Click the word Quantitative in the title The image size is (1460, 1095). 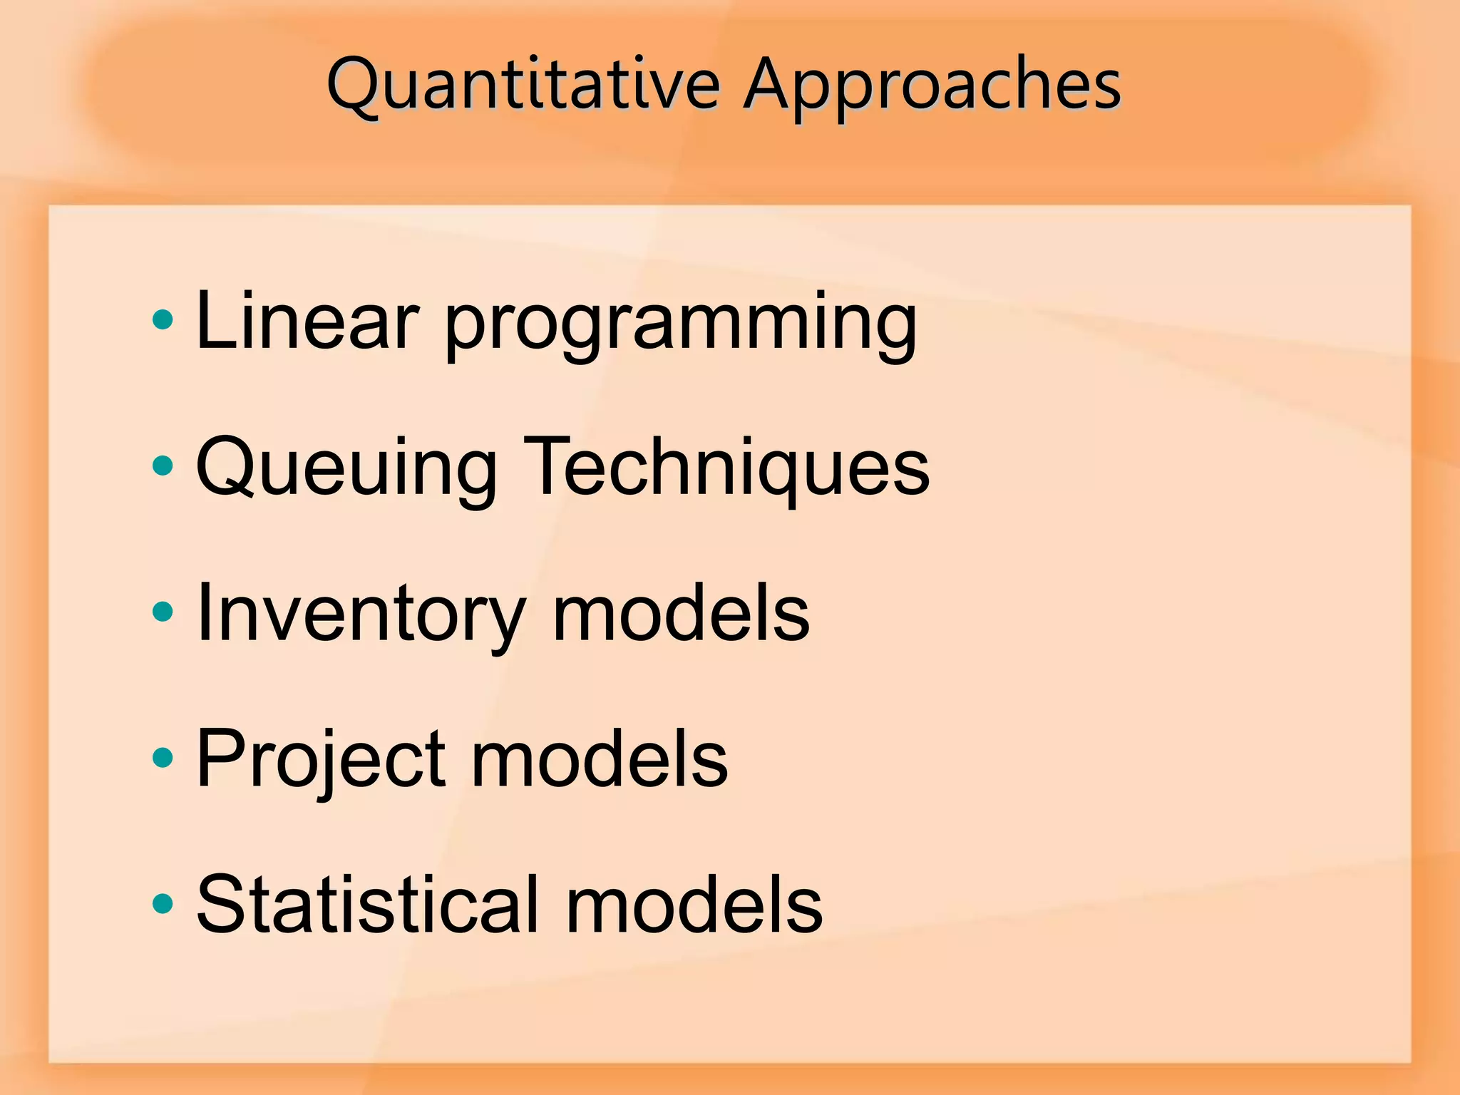pos(524,86)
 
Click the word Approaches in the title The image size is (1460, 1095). pos(931,86)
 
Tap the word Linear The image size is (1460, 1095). pos(307,322)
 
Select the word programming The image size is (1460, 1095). pos(681,324)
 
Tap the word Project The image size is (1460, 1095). pos(321,760)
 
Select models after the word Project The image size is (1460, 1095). pos(599,760)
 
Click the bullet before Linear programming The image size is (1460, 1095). pos(163,320)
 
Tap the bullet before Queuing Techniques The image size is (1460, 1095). pos(163,466)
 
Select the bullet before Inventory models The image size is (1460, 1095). pos(163,612)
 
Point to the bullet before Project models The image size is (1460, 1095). pos(163,758)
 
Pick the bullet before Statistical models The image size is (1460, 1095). pos(163,904)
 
